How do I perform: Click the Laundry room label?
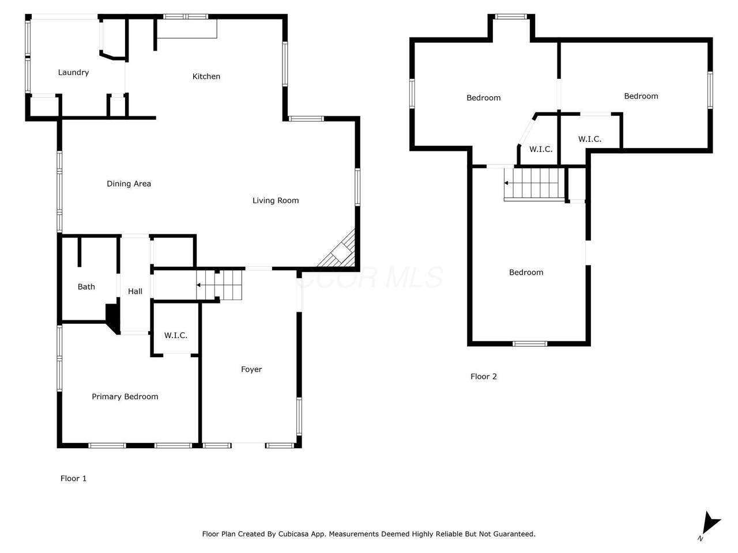tap(73, 73)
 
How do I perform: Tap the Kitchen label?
tap(206, 77)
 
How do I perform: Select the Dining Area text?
tap(129, 184)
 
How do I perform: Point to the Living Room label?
tap(276, 200)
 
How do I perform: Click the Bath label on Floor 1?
tap(86, 287)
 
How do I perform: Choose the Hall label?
tap(135, 291)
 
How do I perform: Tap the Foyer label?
tap(251, 369)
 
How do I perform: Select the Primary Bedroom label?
tap(125, 396)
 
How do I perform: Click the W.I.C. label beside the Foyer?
tap(175, 335)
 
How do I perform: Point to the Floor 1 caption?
tap(73, 478)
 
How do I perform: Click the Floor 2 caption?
tap(483, 376)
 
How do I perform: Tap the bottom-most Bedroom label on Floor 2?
tap(526, 272)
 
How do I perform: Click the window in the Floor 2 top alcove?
tap(510, 17)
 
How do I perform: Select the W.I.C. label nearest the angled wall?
tap(541, 149)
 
